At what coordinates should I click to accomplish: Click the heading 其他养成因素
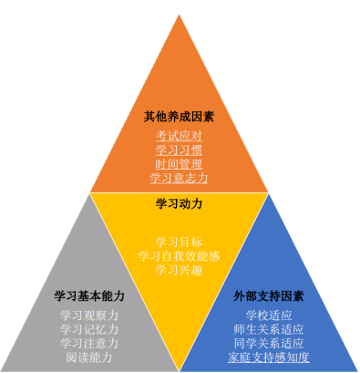pyautogui.click(x=179, y=117)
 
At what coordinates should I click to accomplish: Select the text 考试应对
pyautogui.click(x=179, y=136)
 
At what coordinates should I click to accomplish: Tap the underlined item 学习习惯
pyautogui.click(x=179, y=150)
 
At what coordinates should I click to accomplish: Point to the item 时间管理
pyautogui.click(x=179, y=163)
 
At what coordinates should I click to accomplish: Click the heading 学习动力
pyautogui.click(x=179, y=203)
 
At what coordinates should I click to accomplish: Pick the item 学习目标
pyautogui.click(x=179, y=242)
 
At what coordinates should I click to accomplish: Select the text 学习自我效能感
pyautogui.click(x=179, y=256)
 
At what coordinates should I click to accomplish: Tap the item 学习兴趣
pyautogui.click(x=179, y=270)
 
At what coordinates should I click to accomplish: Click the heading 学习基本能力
pyautogui.click(x=89, y=296)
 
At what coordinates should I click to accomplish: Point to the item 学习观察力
pyautogui.click(x=89, y=316)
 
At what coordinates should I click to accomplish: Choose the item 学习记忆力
pyautogui.click(x=89, y=329)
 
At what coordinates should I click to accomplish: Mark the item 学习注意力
pyautogui.click(x=89, y=343)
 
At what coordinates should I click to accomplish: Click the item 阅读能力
pyautogui.click(x=89, y=357)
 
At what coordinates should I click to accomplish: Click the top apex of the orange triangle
pyautogui.click(x=180, y=13)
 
